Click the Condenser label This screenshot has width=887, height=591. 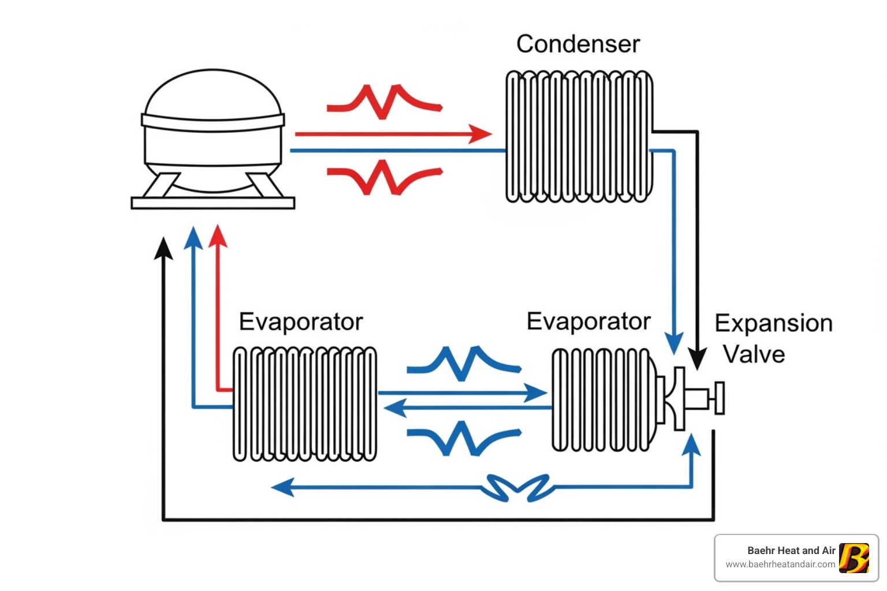click(x=577, y=44)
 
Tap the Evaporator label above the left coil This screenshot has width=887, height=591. click(x=301, y=322)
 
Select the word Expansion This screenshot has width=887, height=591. click(x=773, y=323)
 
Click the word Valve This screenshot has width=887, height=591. click(x=754, y=354)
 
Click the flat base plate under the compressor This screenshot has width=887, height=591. click(x=213, y=203)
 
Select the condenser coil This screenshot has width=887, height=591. click(x=579, y=136)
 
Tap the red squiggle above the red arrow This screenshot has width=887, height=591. click(x=384, y=102)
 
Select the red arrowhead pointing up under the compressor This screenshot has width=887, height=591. click(x=218, y=237)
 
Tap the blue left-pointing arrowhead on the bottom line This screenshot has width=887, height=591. click(x=283, y=487)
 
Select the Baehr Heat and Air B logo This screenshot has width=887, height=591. click(x=854, y=558)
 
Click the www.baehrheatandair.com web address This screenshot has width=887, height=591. click(x=780, y=564)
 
